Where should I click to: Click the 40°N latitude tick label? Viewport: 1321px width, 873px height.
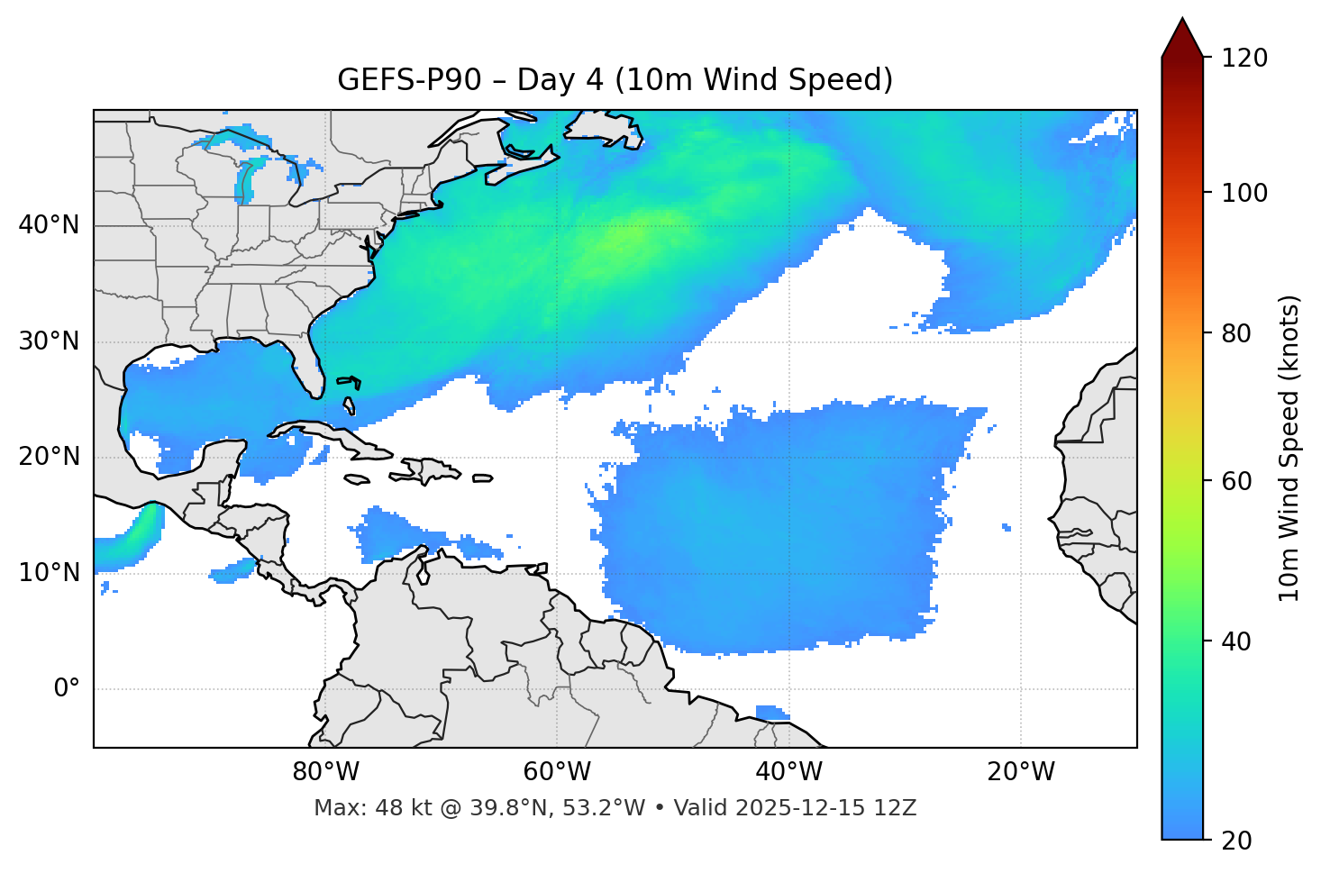(49, 225)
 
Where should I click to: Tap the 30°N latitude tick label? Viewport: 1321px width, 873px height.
(49, 341)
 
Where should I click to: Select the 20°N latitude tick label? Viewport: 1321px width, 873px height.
(49, 457)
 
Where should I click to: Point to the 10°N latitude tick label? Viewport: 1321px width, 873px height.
(49, 573)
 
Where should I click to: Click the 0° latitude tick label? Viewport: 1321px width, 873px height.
(67, 689)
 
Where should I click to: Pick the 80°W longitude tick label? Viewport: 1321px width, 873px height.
(326, 772)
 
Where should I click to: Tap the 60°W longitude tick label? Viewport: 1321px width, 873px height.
(557, 772)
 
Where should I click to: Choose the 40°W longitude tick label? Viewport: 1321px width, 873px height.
(789, 772)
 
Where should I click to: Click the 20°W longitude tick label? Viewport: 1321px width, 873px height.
(1021, 772)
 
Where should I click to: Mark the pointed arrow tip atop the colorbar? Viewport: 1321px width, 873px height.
(1182, 20)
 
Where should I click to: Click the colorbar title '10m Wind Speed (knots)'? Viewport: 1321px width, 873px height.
(1289, 449)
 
